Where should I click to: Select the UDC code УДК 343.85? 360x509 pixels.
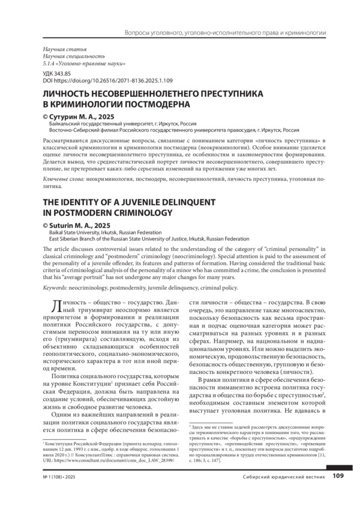(53, 73)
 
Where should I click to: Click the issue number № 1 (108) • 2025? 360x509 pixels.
(56, 494)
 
